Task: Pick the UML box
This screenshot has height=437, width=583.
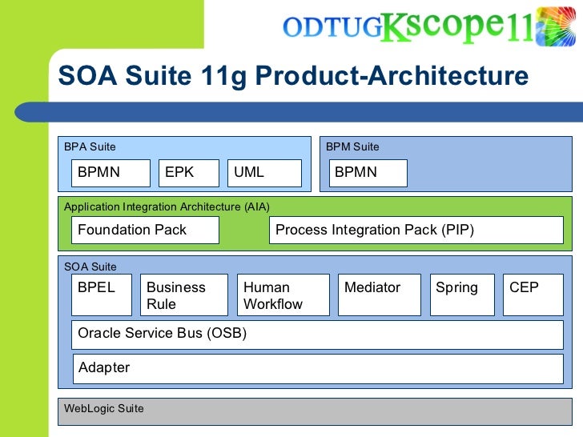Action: coord(264,173)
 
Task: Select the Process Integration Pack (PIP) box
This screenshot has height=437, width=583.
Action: coord(416,231)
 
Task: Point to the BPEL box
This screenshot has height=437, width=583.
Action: coord(102,295)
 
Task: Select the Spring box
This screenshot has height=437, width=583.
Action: coord(460,295)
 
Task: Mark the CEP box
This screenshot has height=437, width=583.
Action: coord(533,295)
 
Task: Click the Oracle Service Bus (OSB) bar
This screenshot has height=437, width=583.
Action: coord(318,334)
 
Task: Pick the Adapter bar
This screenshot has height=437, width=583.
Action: coord(318,368)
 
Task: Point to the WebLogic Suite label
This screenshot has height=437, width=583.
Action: coord(104,408)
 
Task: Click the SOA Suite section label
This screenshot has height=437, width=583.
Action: coord(90,267)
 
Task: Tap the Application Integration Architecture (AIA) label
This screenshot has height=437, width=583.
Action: coord(167,206)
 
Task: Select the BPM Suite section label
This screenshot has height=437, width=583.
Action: coord(352,146)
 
